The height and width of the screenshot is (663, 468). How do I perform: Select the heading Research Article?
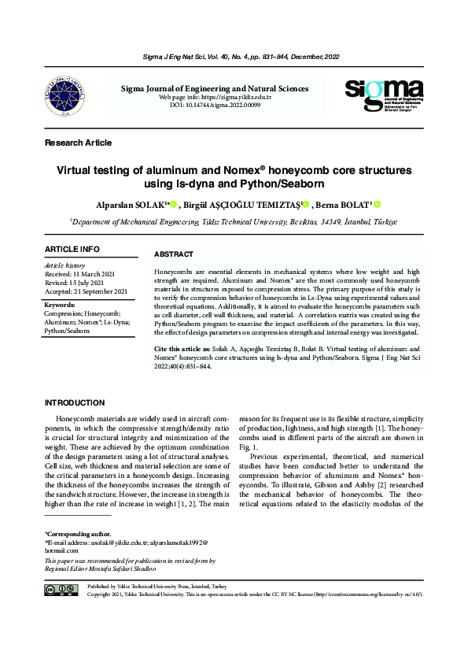click(x=78, y=143)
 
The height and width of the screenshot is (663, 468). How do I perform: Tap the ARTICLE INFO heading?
click(x=72, y=250)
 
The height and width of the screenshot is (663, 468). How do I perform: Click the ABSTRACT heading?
click(x=174, y=255)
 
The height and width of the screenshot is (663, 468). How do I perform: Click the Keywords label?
click(x=60, y=305)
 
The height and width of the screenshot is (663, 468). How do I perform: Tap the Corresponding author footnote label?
click(x=78, y=533)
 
